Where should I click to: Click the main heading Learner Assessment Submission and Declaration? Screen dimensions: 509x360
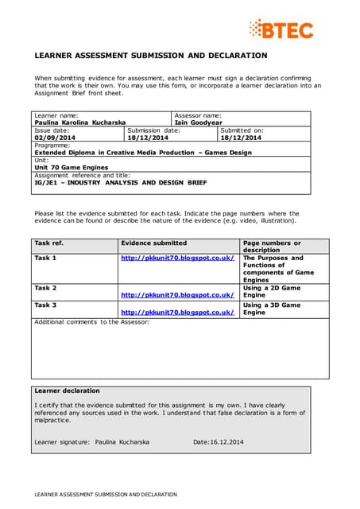click(150, 56)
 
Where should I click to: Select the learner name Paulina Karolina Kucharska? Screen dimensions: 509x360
click(79, 123)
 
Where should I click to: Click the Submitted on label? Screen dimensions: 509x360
click(242, 130)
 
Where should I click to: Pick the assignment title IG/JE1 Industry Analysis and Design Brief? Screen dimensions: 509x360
click(120, 182)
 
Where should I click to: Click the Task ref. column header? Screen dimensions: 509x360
click(49, 243)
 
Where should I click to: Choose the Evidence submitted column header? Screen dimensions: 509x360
click(153, 243)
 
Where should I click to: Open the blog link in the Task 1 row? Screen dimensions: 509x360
click(177, 258)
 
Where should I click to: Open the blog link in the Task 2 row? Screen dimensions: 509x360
click(177, 295)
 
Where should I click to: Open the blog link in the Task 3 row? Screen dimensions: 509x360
click(177, 313)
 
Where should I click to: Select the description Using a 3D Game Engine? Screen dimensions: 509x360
click(272, 309)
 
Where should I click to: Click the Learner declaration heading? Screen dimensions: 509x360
click(68, 390)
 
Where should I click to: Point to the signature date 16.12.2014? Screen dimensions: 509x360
click(227, 441)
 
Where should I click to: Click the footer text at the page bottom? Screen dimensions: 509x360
click(105, 495)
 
